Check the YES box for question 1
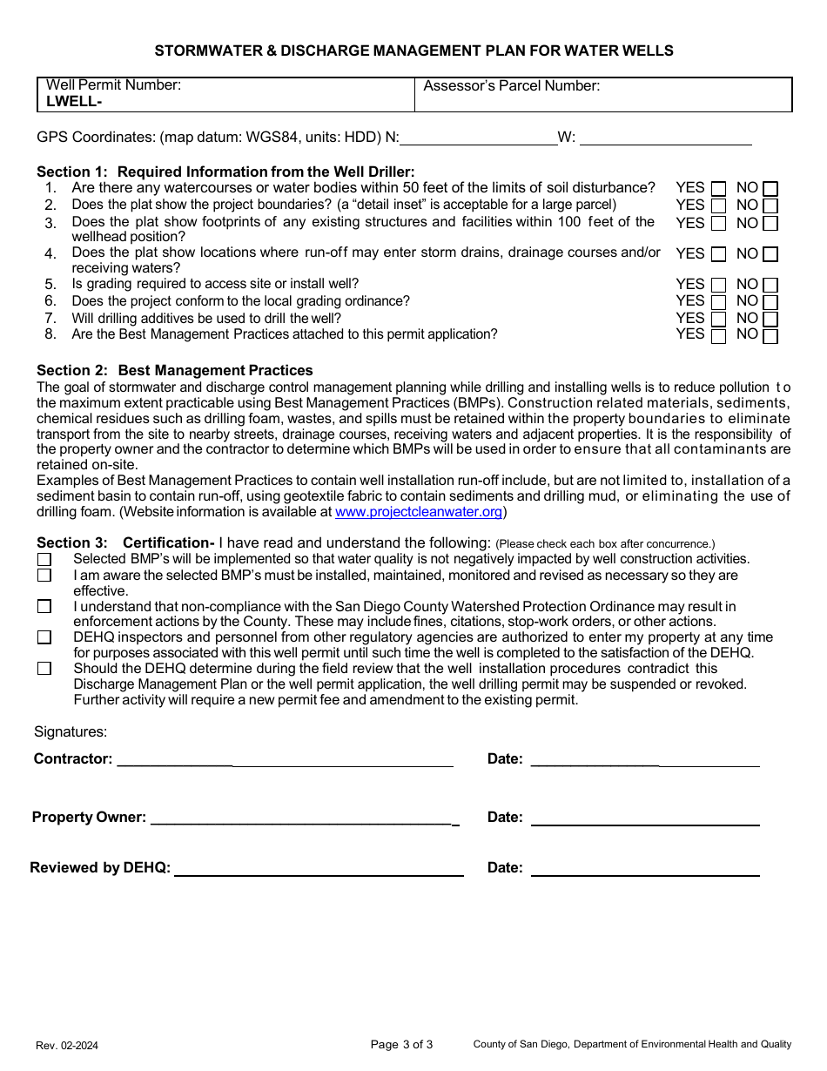click(718, 189)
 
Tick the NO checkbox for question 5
click(770, 286)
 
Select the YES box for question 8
click(718, 336)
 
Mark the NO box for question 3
click(770, 224)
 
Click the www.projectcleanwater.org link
click(418, 513)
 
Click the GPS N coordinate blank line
click(478, 138)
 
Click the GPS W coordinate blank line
click(665, 138)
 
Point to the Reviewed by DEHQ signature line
click(319, 869)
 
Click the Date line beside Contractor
click(644, 760)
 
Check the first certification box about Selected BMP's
click(44, 559)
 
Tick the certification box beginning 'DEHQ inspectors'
click(44, 637)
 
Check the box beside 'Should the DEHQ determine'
click(44, 669)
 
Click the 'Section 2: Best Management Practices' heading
click(174, 371)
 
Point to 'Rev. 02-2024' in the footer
click(67, 1046)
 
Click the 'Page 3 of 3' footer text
click(401, 1045)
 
